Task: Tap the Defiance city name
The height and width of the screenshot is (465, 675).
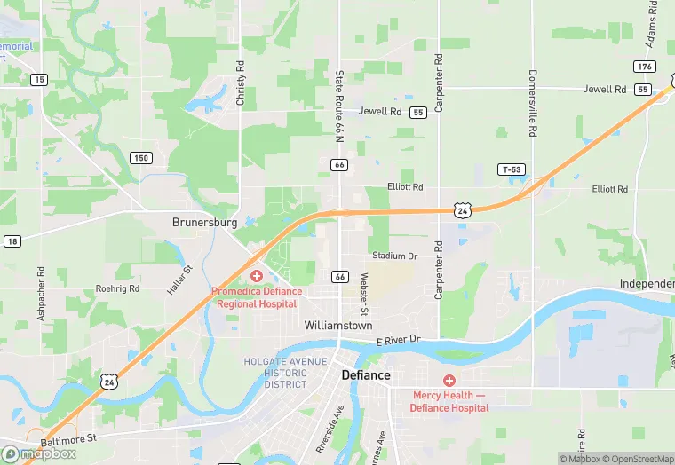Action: pos(366,375)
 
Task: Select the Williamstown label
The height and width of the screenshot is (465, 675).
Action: pos(338,326)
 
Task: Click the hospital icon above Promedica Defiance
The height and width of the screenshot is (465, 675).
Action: pos(256,277)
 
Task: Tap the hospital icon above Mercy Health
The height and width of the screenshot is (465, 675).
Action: pos(449,380)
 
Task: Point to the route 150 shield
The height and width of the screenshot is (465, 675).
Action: pos(140,158)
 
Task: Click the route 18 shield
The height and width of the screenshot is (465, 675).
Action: pos(12,241)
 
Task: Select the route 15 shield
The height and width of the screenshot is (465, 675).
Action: pos(38,80)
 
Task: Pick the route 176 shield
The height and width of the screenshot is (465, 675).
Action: pos(644,67)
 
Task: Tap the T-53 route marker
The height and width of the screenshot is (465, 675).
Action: pos(511,169)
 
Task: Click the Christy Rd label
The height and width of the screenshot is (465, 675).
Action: pos(241,83)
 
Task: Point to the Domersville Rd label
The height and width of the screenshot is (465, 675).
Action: pos(533,102)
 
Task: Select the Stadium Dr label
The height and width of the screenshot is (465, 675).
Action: pos(394,256)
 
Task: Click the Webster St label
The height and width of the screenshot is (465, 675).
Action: pos(363,294)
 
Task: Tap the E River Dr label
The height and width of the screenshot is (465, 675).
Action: pos(396,341)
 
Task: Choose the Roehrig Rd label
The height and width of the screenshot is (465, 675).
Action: pos(117,288)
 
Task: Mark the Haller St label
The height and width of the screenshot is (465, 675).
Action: pos(187,280)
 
